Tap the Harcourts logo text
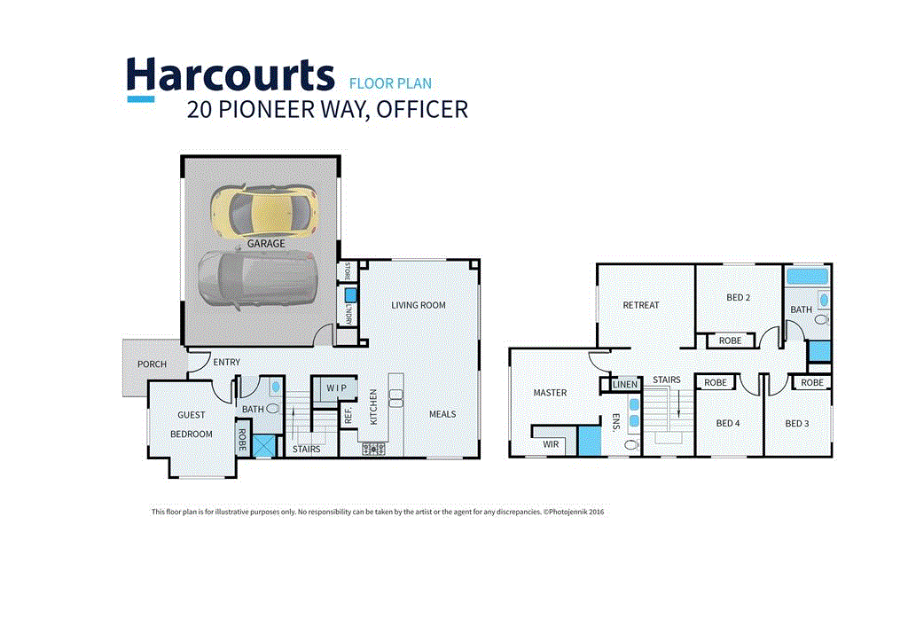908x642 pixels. [230, 76]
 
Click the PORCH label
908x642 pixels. [152, 364]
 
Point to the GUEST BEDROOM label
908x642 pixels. [192, 424]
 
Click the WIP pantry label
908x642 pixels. [336, 388]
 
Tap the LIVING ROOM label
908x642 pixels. [419, 305]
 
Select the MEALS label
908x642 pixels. [442, 414]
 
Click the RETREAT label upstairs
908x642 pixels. [640, 305]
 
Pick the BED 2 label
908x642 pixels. [738, 297]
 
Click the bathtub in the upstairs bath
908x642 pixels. [807, 276]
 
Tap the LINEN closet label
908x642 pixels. [626, 384]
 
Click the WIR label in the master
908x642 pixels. [551, 443]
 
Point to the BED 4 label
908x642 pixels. [727, 423]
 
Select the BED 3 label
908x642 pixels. [796, 423]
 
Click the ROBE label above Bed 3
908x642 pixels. [811, 383]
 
